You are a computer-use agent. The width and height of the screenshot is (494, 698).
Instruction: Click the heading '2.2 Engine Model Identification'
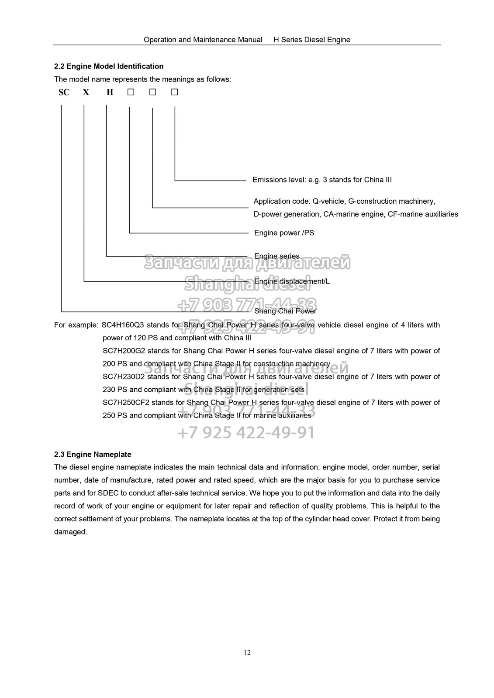click(x=109, y=66)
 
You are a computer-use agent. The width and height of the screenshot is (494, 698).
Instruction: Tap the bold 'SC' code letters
click(x=64, y=92)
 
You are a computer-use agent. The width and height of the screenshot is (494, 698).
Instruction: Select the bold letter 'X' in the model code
click(x=86, y=92)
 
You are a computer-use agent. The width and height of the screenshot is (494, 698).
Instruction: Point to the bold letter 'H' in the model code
click(x=110, y=92)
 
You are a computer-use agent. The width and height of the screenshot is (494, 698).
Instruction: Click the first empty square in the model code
click(x=130, y=92)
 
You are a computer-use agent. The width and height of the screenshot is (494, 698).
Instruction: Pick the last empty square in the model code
click(x=175, y=92)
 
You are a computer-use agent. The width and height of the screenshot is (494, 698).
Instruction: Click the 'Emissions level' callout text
click(x=322, y=180)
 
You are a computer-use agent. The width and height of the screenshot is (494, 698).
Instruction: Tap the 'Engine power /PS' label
click(x=284, y=233)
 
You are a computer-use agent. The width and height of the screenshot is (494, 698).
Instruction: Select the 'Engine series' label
click(x=277, y=256)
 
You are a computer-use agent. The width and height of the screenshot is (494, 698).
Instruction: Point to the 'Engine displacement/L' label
click(x=292, y=281)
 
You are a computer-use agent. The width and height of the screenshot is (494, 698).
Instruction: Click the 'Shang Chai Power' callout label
click(x=285, y=311)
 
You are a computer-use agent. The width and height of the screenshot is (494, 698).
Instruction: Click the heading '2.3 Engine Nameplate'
click(x=93, y=455)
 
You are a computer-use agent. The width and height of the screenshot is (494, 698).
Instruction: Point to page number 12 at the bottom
click(x=247, y=653)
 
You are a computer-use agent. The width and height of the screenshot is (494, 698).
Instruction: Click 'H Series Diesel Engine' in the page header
click(x=312, y=40)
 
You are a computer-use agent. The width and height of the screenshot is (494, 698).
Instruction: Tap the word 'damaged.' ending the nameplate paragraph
click(x=71, y=532)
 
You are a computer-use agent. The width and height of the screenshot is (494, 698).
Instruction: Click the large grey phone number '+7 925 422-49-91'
click(x=246, y=432)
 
